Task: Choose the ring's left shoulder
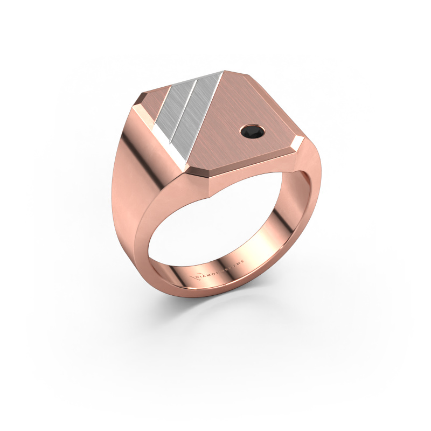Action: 129,178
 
